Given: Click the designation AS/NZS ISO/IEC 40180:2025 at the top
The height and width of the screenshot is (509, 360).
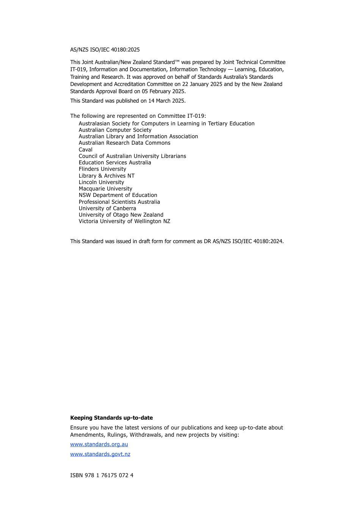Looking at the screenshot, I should tap(105, 50).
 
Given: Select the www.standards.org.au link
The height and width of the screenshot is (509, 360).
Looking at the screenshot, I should tap(99, 444).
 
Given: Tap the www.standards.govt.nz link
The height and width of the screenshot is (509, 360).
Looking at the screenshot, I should tap(100, 454).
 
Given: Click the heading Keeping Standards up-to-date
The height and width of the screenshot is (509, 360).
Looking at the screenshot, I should tap(111, 418).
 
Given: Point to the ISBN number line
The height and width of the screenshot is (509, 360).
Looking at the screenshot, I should tap(102, 475).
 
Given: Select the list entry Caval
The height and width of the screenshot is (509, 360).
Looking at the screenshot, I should tap(86, 150).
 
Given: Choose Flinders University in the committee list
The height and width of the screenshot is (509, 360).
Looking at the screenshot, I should tap(102, 169).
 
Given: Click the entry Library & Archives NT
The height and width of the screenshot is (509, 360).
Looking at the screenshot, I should tap(106, 176).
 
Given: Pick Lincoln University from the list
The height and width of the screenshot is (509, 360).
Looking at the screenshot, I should tap(101, 182).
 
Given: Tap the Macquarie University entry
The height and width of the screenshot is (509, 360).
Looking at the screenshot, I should tap(105, 189).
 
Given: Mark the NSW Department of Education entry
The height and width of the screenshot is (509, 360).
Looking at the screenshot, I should tap(118, 195).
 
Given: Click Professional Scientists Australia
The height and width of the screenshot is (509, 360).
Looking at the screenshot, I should tap(119, 202).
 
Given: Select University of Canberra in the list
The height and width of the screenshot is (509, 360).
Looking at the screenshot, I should tap(107, 208).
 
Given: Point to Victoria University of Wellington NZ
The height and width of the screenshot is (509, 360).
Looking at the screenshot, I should tap(124, 221).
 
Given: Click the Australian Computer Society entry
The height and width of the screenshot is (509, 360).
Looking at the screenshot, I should tap(115, 130).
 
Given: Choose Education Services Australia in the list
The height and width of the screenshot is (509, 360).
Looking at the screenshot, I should tap(115, 162).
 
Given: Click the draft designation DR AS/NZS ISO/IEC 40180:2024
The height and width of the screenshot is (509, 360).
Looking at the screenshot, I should tap(243, 241).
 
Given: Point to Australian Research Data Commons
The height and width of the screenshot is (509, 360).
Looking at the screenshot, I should tap(124, 143).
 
